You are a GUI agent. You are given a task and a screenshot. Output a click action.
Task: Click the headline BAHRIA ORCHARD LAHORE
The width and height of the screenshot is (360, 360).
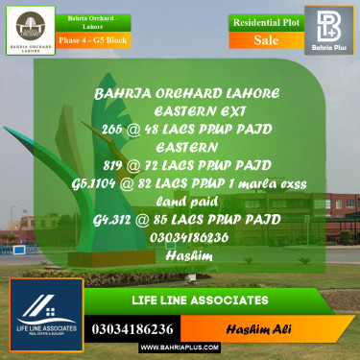[x=187, y=93]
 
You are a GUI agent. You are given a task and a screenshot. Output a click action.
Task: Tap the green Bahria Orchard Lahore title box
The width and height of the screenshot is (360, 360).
[x=93, y=23]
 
